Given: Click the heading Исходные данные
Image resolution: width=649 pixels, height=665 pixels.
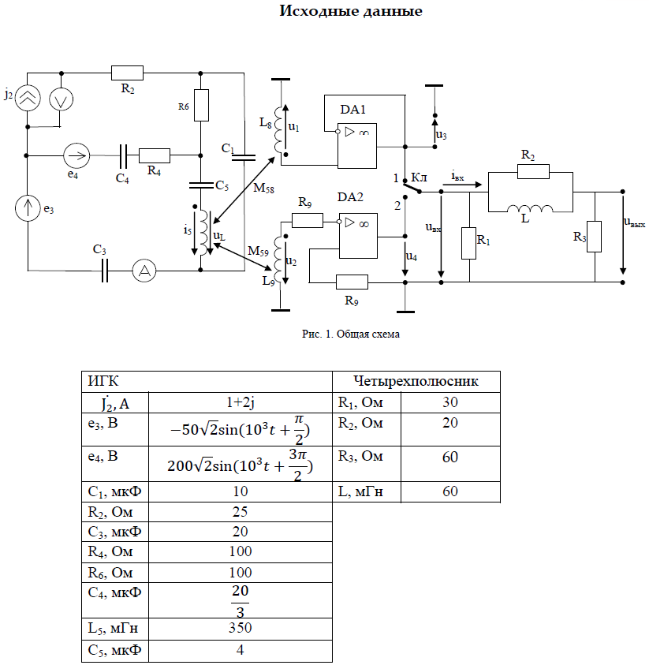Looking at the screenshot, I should pos(351,12).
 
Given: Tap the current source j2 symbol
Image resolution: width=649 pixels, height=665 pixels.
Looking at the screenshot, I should pos(28,98).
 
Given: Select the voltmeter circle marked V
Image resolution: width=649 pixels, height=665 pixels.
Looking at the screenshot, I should pos(61,98).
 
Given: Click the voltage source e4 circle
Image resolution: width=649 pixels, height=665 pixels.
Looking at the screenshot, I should pos(77,153).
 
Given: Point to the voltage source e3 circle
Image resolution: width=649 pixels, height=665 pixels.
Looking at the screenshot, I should pos(28,207).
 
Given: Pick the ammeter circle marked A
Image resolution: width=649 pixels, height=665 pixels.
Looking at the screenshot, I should pos(144,271).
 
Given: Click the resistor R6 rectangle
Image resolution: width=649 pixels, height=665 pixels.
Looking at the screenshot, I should pos(201,105).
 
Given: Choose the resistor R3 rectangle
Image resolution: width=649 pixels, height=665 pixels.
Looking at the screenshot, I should pos(595,237).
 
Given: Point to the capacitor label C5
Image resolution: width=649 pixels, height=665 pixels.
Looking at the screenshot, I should pos(223,187).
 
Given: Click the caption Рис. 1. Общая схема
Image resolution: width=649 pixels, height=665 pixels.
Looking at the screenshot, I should pos(351,334).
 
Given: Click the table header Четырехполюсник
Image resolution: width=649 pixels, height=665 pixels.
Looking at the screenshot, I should pos(418,381).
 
